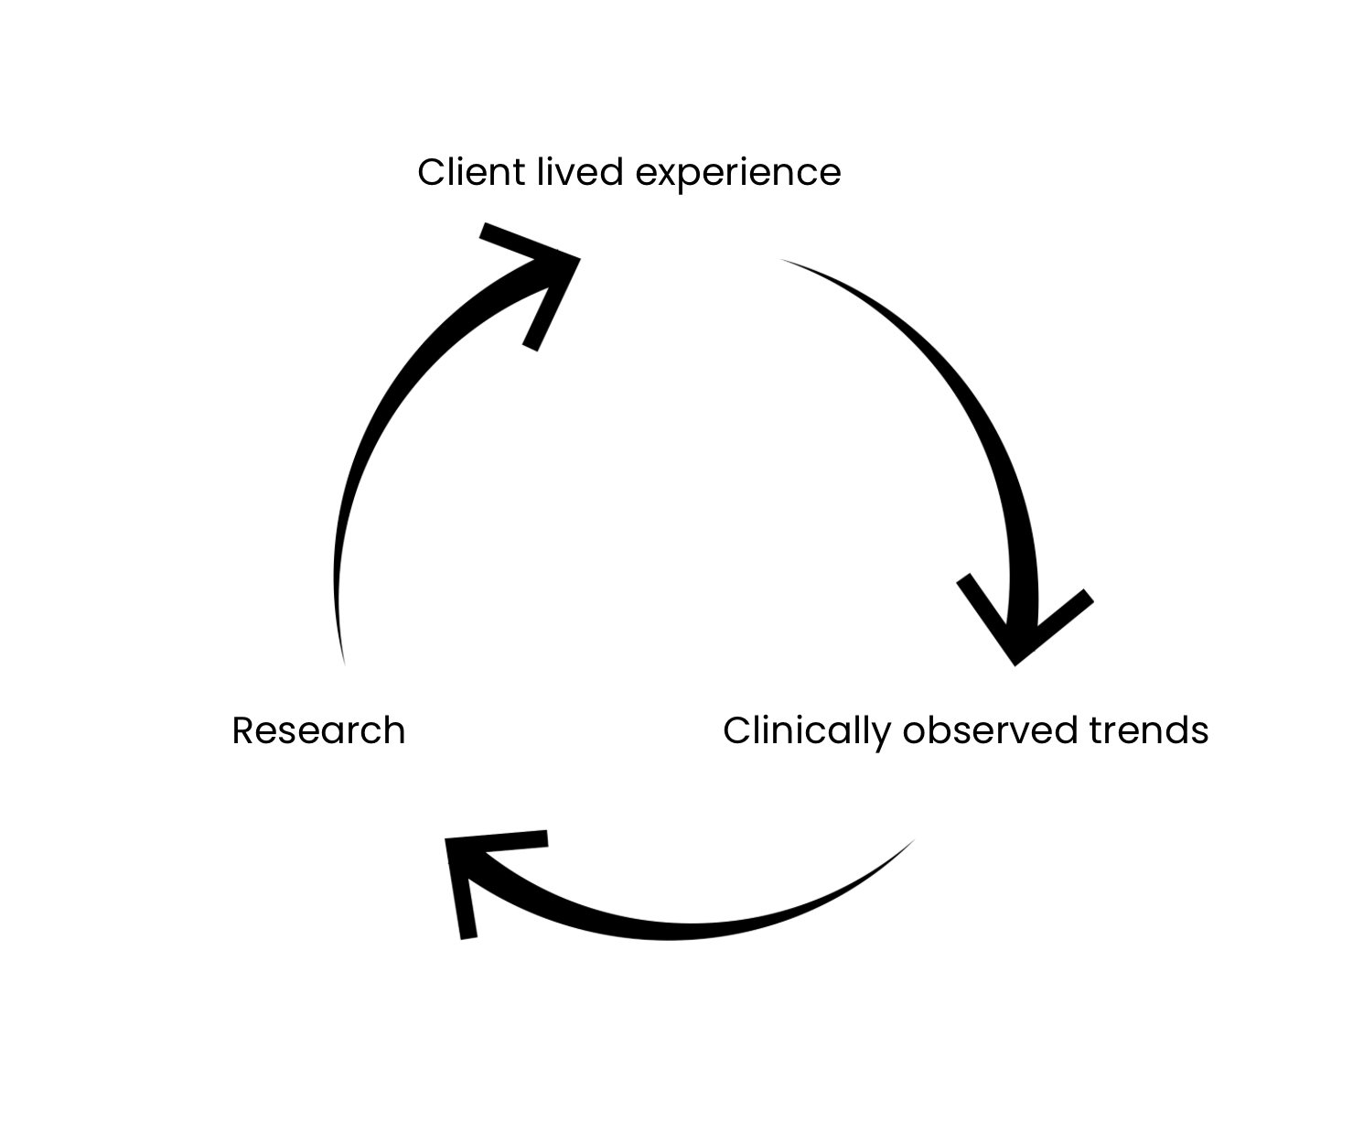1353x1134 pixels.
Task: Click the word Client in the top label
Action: pyautogui.click(x=471, y=172)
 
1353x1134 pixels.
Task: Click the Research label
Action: pyautogui.click(x=318, y=731)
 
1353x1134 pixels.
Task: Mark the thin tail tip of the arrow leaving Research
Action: pyautogui.click(x=343, y=661)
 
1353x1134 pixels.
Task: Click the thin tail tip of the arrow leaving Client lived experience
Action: pyautogui.click(x=783, y=261)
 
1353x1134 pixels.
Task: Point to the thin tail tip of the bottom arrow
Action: pyautogui.click(x=912, y=842)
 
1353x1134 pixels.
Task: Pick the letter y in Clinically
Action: pyautogui.click(x=881, y=735)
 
